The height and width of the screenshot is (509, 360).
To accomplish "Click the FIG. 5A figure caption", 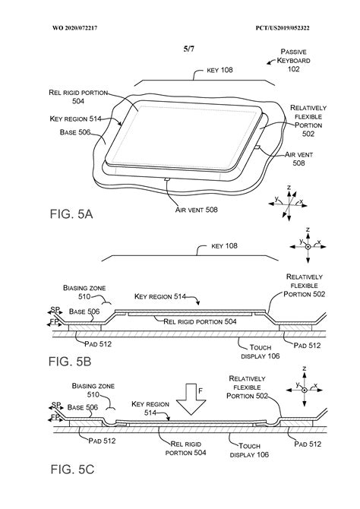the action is pyautogui.click(x=71, y=214).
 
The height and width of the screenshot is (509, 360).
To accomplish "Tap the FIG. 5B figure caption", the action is pyautogui.click(x=70, y=361).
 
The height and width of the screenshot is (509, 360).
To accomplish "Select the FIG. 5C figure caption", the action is pyautogui.click(x=72, y=469).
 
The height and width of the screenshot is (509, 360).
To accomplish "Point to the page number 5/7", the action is pyautogui.click(x=188, y=49).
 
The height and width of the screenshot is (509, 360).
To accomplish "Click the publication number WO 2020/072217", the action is pyautogui.click(x=74, y=28).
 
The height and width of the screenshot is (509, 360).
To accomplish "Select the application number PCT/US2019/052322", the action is pyautogui.click(x=283, y=28).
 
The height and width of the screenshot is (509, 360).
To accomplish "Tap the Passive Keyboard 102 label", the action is pyautogui.click(x=293, y=60).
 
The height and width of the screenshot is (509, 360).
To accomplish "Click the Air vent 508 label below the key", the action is pyautogui.click(x=197, y=210).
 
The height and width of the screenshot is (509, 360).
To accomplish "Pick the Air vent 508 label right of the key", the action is pyautogui.click(x=298, y=159).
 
